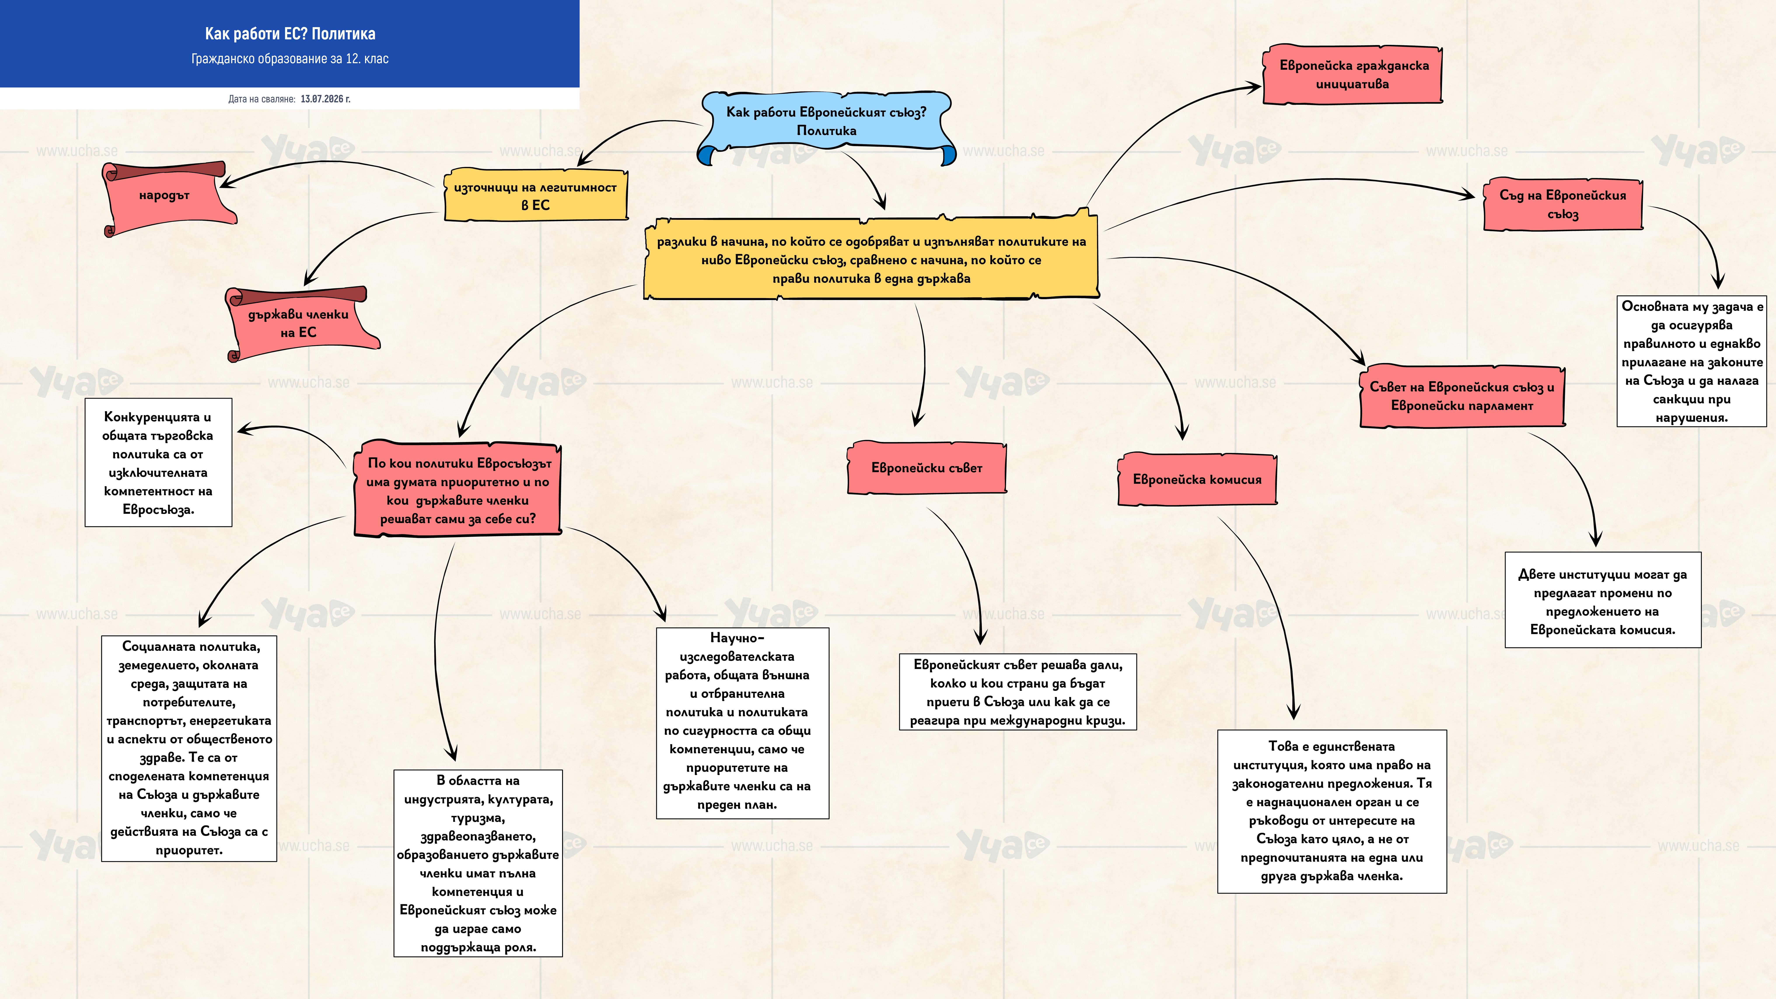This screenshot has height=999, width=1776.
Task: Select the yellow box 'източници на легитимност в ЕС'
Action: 535,195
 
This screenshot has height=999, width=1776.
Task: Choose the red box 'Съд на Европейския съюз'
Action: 1562,204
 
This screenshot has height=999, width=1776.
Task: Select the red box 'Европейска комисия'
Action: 1197,479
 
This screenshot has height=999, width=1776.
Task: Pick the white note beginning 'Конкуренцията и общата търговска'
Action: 159,463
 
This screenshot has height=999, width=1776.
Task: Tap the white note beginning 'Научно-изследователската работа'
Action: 743,723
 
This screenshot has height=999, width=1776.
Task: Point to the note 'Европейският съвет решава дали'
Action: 1018,692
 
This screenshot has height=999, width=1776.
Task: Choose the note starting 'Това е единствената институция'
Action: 1332,812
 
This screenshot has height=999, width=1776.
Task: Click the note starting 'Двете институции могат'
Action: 1603,600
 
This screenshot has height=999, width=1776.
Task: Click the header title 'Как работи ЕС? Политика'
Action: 290,34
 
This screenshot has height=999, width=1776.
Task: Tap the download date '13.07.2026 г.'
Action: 325,99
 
